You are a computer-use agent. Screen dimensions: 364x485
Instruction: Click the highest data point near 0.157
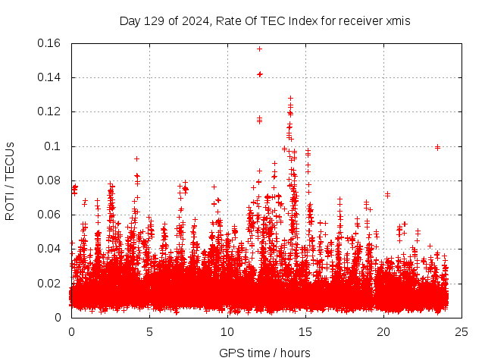[259, 49]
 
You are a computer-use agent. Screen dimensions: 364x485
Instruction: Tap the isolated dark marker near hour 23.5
[437, 147]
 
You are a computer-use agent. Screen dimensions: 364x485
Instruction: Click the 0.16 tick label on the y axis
[49, 43]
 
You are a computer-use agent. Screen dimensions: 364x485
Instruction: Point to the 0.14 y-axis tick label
[49, 77]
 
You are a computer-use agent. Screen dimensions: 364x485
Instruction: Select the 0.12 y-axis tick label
[49, 111]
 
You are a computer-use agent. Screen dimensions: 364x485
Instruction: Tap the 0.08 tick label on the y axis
[49, 180]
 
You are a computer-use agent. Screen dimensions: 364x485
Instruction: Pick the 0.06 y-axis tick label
[49, 215]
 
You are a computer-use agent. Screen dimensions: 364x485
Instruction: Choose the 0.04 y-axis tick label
[49, 249]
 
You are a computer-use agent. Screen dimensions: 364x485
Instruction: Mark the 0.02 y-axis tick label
[49, 284]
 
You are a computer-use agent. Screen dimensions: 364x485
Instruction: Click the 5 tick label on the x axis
[149, 331]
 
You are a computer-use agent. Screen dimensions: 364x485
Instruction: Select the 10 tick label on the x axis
[227, 331]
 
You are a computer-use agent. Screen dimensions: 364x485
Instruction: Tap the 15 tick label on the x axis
[305, 331]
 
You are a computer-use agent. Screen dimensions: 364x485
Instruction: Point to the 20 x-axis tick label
[383, 331]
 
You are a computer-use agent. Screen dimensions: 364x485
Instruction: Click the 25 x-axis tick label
[462, 331]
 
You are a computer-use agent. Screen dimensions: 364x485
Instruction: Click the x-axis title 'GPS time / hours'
[264, 353]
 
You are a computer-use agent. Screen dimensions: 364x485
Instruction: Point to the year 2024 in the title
[192, 20]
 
